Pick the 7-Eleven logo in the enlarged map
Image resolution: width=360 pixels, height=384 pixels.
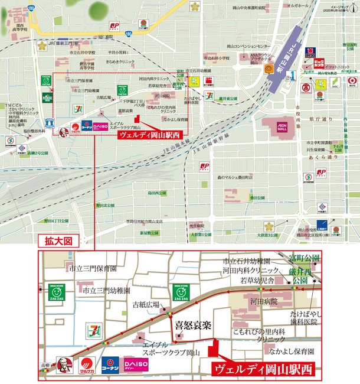pyautogui.click(x=93, y=330)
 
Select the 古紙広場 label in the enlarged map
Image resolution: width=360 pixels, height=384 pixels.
pyautogui.click(x=146, y=305)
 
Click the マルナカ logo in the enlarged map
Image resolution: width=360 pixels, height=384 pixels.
pyautogui.click(x=87, y=364)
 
